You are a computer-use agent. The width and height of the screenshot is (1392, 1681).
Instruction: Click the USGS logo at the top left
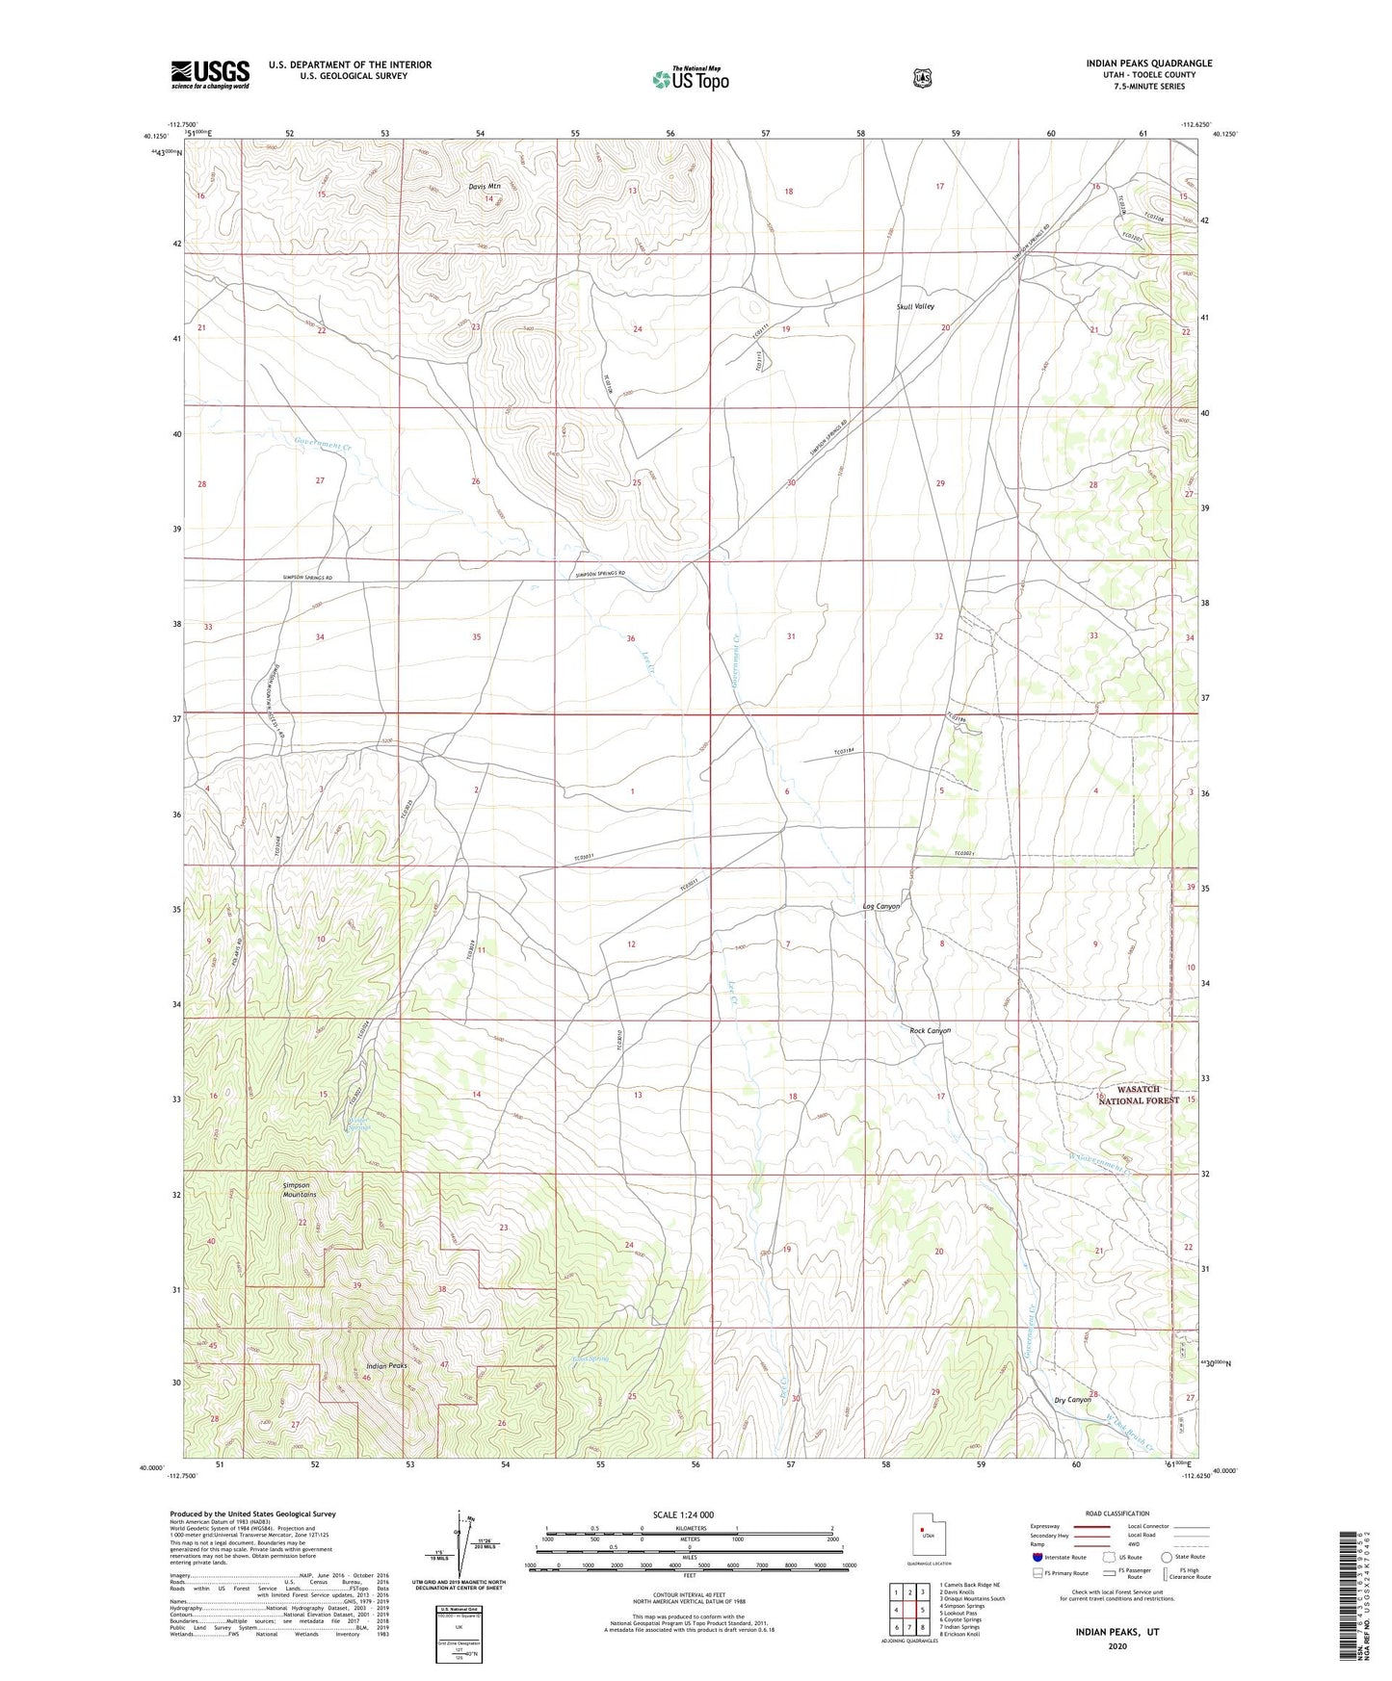(210, 74)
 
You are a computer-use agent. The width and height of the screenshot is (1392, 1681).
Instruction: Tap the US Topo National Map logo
(689, 79)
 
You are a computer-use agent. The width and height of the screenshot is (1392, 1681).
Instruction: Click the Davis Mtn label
(485, 186)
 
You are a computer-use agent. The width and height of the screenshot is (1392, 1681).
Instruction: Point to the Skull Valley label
(915, 306)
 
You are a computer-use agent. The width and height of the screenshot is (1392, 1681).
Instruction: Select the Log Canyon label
(880, 907)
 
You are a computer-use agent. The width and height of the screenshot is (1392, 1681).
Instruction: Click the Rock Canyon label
(930, 1030)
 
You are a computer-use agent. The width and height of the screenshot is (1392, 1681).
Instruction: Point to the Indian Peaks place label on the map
(387, 1366)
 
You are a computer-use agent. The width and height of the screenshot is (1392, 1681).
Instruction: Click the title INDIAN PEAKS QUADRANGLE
(1148, 64)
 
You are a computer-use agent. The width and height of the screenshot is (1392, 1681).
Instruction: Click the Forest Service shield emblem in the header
(923, 77)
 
